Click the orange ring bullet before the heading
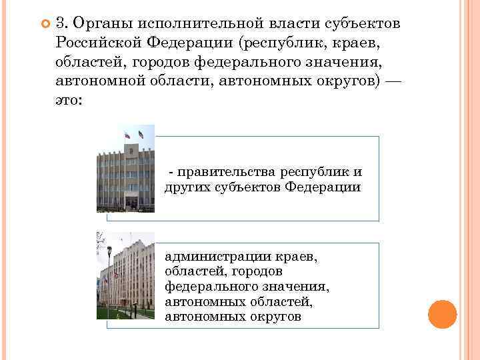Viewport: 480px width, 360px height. point(45,24)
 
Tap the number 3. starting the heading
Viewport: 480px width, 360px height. point(63,24)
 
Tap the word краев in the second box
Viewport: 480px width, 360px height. point(297,256)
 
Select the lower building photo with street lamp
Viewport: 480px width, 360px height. point(125,275)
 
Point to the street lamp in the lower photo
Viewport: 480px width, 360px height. point(109,280)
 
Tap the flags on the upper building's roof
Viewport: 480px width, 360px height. point(133,133)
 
